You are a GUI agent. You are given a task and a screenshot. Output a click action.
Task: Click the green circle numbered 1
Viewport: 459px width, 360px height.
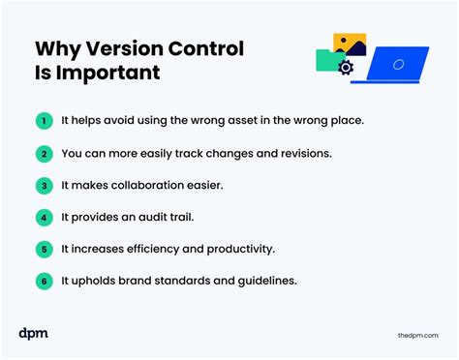44,121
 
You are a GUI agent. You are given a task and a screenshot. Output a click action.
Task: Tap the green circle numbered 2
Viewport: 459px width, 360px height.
44,153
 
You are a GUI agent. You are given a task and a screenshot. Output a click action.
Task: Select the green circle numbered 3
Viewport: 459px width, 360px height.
44,185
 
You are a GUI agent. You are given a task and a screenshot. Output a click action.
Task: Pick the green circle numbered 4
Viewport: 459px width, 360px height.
44,217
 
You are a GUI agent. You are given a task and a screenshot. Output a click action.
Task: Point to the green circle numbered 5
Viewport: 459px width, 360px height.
44,249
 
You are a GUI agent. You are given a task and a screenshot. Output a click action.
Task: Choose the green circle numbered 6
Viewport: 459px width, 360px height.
44,281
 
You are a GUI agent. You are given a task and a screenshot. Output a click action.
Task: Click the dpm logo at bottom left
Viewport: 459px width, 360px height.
34,333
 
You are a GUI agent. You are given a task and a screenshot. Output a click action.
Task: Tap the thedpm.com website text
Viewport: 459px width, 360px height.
417,334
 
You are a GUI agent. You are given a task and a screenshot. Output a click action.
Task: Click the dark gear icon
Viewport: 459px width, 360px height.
346,68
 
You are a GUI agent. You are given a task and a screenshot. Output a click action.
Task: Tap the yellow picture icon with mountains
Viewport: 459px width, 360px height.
350,45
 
